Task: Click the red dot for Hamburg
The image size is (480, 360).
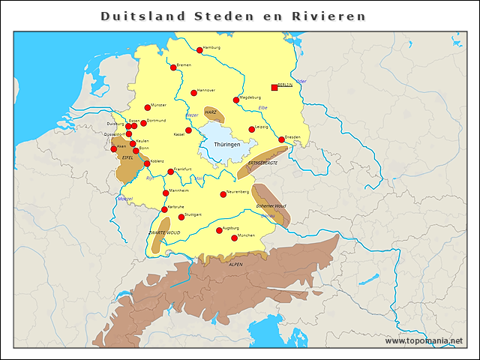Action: [x=199, y=50]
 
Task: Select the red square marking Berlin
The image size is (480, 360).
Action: [x=274, y=88]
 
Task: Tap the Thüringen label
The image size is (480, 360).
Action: [x=226, y=144]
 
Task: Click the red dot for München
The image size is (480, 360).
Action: [x=234, y=238]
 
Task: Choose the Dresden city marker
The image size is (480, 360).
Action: [x=281, y=139]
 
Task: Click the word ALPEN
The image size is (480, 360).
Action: [x=235, y=265]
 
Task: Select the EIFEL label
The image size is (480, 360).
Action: [x=127, y=157]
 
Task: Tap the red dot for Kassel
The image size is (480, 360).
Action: [x=188, y=130]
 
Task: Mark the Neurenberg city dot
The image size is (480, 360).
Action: [x=223, y=194]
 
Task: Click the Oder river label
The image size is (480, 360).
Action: [x=301, y=81]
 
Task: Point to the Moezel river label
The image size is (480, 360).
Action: [x=124, y=199]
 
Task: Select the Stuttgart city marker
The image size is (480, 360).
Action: [x=181, y=217]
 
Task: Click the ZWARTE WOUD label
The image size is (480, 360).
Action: [x=163, y=233]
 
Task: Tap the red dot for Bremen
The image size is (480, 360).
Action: [x=173, y=67]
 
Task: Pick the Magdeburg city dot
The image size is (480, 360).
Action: [x=236, y=100]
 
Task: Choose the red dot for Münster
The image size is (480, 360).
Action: [x=148, y=107]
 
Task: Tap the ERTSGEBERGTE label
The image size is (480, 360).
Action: [x=262, y=163]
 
